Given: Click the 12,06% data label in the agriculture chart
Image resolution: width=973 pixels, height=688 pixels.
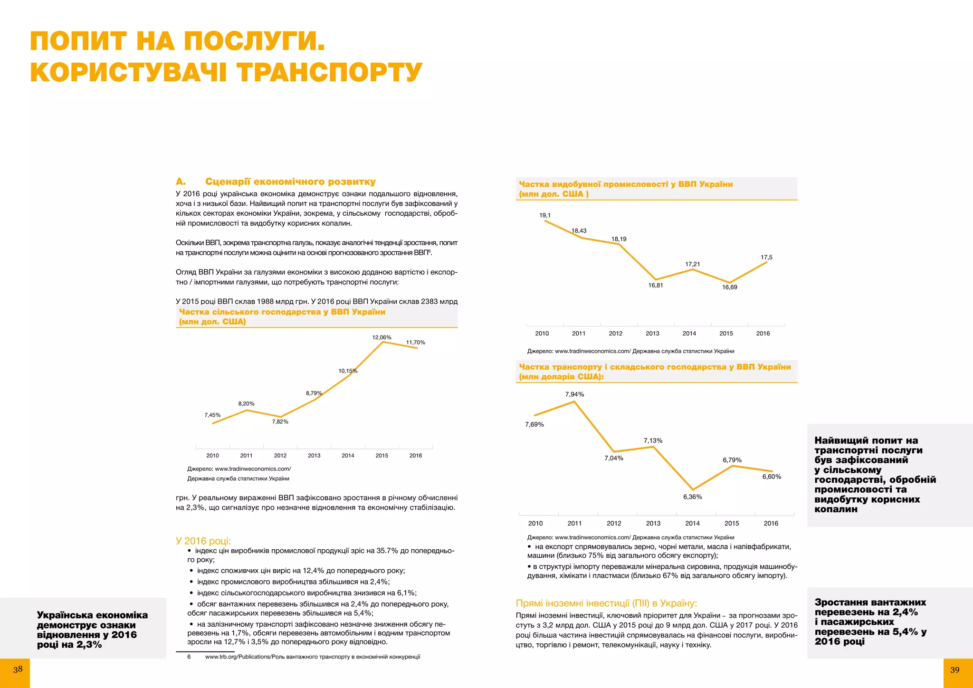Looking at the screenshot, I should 382,337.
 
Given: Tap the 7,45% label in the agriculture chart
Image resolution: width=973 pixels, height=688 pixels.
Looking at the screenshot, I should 212,415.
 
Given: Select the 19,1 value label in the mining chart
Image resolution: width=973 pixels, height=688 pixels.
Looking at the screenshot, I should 545,215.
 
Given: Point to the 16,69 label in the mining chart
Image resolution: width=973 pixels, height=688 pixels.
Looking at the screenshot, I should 729,287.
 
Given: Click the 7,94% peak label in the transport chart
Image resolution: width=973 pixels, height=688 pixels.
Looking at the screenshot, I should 574,394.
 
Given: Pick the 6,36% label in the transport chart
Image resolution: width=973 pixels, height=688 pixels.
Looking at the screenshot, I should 692,497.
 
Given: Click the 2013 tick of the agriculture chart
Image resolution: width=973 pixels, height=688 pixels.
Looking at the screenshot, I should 314,455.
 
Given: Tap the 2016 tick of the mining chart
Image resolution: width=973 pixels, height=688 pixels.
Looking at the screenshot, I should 763,334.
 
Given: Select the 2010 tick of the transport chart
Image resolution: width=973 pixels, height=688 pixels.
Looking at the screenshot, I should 535,523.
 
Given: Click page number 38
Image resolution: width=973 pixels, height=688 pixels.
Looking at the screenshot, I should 18,669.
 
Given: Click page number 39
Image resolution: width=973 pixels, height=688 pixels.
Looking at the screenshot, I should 955,670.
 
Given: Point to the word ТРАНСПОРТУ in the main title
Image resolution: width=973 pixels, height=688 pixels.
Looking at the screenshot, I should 329,73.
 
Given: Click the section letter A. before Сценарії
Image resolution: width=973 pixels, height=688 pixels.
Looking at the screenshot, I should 181,182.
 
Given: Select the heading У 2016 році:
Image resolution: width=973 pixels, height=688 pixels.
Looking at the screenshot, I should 203,541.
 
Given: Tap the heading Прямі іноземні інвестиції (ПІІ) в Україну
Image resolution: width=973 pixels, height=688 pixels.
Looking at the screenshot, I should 606,603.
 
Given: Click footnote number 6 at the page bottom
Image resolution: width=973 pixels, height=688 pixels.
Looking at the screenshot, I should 189,657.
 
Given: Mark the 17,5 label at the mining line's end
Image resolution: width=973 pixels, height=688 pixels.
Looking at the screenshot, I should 766,258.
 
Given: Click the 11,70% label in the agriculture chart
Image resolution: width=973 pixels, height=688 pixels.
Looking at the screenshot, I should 415,343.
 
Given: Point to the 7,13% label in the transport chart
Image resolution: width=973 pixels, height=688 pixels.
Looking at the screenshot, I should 653,440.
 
